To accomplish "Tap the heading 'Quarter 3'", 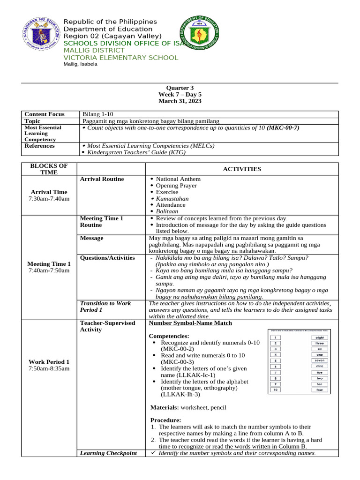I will [180, 88].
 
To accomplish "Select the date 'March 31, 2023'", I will [180, 101].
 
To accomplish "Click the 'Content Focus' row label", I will [42, 114].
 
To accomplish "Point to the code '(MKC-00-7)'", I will [283, 127].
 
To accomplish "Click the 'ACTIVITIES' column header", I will [242, 169].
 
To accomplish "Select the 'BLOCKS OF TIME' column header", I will [49, 169].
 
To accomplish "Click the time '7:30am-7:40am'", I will [49, 199].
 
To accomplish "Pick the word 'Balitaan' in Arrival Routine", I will [167, 211].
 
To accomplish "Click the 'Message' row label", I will [91, 238].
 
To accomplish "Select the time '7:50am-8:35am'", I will [49, 368].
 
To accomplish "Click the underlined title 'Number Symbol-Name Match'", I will [190, 323].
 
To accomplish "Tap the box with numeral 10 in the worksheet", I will [277, 390].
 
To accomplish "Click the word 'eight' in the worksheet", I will [320, 337].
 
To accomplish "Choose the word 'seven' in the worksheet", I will [320, 360].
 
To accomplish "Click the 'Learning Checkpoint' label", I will [108, 453].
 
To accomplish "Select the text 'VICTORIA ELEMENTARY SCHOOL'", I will [121, 58].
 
